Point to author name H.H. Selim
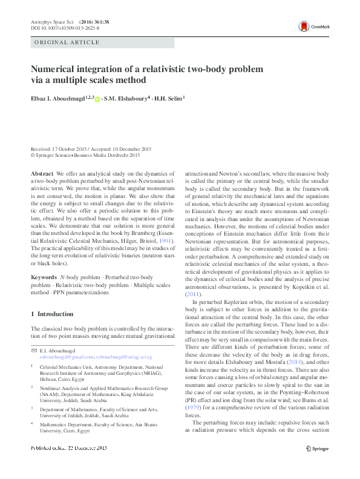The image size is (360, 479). [168, 98]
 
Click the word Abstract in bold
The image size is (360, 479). [41, 173]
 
